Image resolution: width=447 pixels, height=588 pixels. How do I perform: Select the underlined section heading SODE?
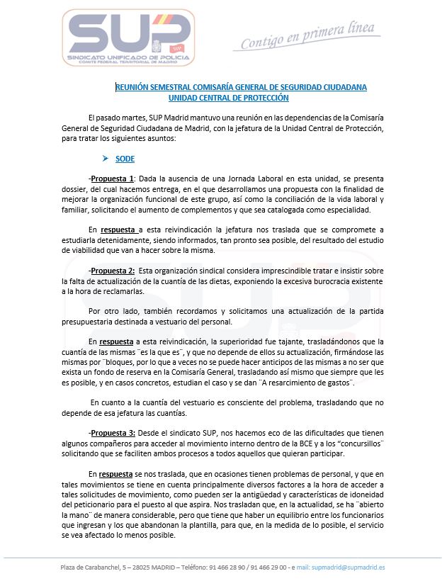tap(125, 159)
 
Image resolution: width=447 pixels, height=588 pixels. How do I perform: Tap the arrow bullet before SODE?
tap(107, 159)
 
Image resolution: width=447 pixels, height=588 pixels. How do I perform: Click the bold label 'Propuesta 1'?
tap(112, 179)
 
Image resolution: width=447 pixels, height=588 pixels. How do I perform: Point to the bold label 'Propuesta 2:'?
tap(113, 271)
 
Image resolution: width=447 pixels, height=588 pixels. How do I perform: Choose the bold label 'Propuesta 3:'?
tap(113, 433)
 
